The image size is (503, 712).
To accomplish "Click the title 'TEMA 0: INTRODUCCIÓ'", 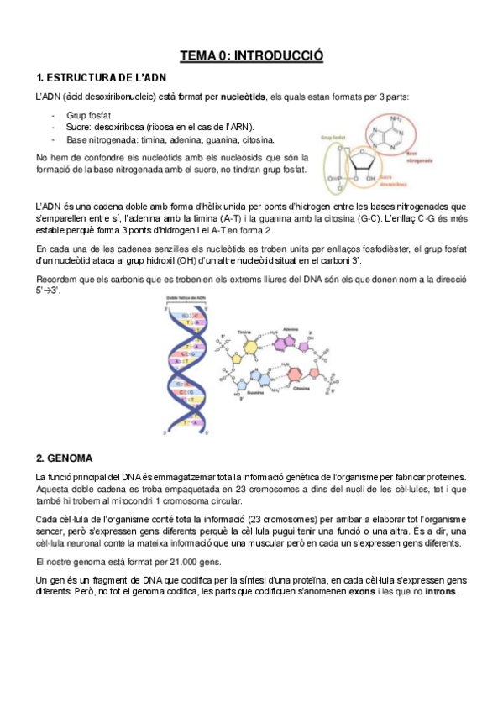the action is click(252, 56).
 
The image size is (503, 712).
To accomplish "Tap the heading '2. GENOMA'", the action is click(65, 458).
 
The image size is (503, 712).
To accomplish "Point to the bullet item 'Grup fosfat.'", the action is click(89, 114).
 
